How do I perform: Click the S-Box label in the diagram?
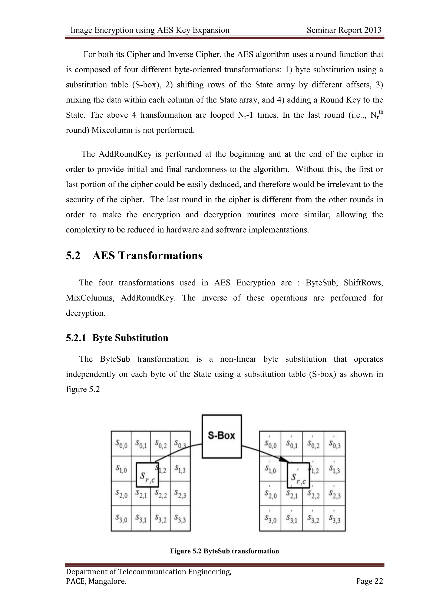click(221, 435)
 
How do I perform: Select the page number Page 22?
click(369, 581)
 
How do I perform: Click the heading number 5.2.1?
click(76, 338)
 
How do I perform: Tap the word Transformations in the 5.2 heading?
click(160, 255)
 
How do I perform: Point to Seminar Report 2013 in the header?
click(344, 30)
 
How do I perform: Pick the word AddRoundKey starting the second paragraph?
click(125, 154)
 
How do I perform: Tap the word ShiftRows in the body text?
click(363, 282)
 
